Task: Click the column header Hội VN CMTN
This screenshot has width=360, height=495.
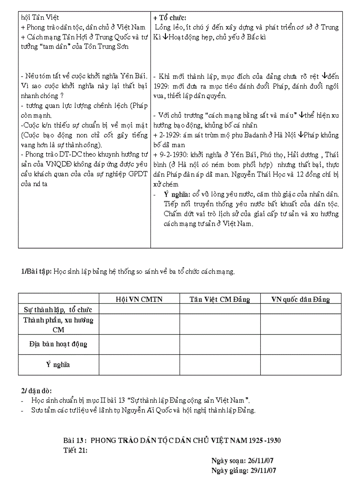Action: (139, 299)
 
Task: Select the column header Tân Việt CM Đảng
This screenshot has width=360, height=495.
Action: (220, 299)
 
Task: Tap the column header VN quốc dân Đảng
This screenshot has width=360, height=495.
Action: (300, 299)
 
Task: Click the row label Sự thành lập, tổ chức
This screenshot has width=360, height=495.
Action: (58, 310)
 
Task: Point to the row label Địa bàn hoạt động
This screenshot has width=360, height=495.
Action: (58, 344)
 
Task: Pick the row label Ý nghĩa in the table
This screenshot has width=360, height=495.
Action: (58, 365)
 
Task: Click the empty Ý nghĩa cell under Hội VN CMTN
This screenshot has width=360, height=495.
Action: (139, 365)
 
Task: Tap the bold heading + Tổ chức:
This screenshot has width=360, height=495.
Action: (170, 18)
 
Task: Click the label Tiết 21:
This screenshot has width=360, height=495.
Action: (75, 450)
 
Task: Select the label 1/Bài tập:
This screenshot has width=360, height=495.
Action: (37, 272)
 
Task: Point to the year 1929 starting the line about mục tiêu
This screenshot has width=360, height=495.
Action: (161, 86)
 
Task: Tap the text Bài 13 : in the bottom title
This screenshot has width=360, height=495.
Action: (76, 440)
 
